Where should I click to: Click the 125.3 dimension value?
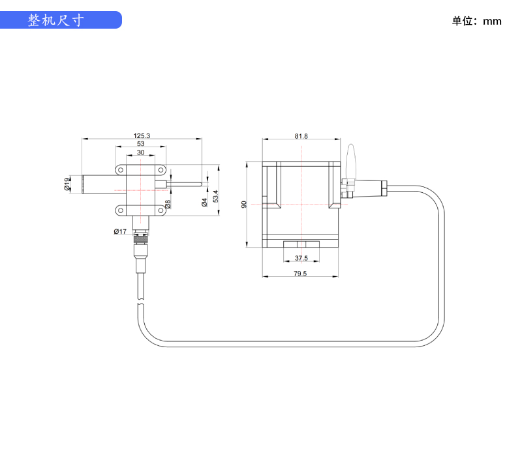tap(142, 135)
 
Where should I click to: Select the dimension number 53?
tap(141, 144)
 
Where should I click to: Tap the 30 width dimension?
tap(141, 152)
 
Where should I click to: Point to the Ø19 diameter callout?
tap(67, 184)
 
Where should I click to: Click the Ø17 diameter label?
tap(119, 232)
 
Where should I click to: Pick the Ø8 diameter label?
tap(168, 204)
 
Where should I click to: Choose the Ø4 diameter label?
tap(204, 202)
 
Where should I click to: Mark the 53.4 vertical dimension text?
tap(215, 194)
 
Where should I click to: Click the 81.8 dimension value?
tap(301, 136)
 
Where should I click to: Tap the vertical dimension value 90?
tap(244, 205)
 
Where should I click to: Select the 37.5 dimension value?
tap(301, 259)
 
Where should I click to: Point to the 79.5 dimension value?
tap(300, 274)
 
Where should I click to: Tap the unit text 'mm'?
tap(493, 21)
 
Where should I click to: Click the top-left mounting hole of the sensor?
tap(121, 169)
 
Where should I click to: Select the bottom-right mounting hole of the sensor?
tap(161, 210)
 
